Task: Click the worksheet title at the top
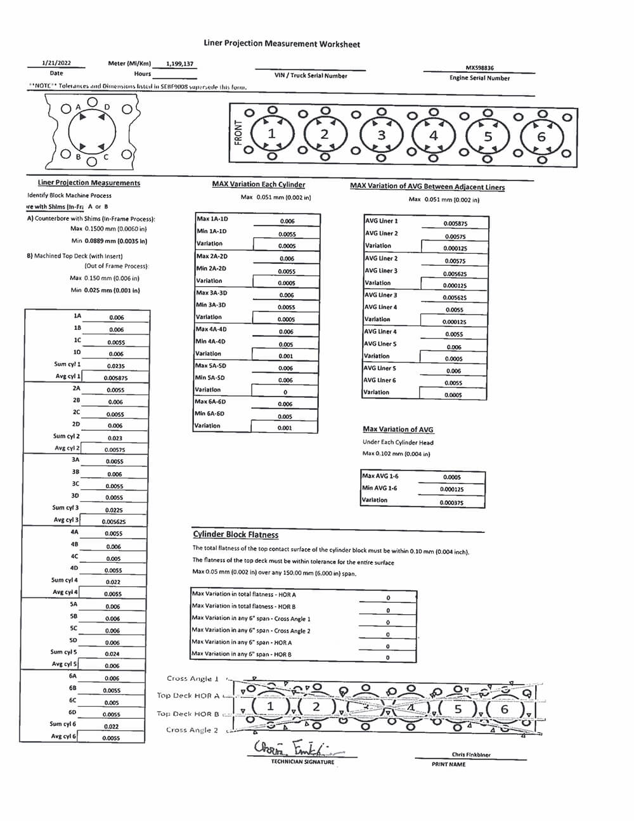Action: tap(281, 44)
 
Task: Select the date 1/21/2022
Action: tap(56, 63)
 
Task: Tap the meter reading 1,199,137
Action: tap(179, 64)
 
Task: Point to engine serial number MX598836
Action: tap(479, 68)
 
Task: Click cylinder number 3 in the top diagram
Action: tap(381, 135)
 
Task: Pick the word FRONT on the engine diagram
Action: tap(238, 133)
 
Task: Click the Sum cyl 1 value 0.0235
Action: tap(116, 366)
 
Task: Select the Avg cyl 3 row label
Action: tap(66, 520)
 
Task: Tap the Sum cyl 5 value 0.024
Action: tap(112, 654)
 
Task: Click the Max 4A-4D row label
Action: tap(211, 329)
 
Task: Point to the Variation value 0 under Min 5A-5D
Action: tap(285, 392)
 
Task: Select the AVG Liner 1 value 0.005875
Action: tap(455, 224)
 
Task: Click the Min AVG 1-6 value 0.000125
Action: tap(451, 489)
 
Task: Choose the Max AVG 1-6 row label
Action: tap(380, 476)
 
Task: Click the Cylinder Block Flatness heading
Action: tap(235, 535)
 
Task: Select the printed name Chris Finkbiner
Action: tap(471, 755)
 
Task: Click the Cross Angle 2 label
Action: tap(192, 730)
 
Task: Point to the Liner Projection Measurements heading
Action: tap(89, 183)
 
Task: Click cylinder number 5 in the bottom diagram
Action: tap(458, 709)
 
